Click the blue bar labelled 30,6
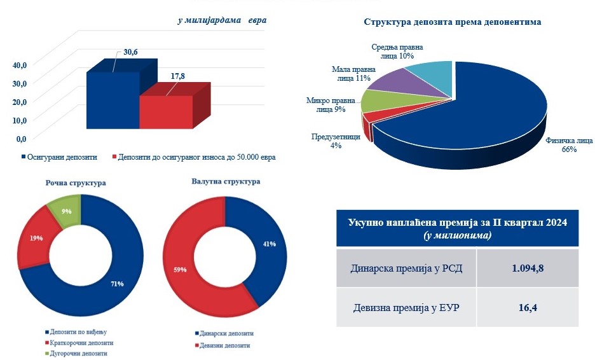click(x=113, y=100)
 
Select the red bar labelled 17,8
click(x=166, y=112)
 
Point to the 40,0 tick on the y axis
click(x=20, y=64)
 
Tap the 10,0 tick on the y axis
click(x=20, y=120)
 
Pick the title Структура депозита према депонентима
click(x=452, y=22)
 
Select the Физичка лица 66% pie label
click(x=560, y=145)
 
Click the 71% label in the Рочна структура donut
click(x=117, y=283)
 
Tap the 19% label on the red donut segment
click(x=36, y=239)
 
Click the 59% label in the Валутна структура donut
click(x=180, y=270)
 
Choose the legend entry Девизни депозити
click(x=223, y=345)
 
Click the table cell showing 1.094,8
click(x=527, y=268)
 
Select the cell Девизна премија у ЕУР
click(x=406, y=307)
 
